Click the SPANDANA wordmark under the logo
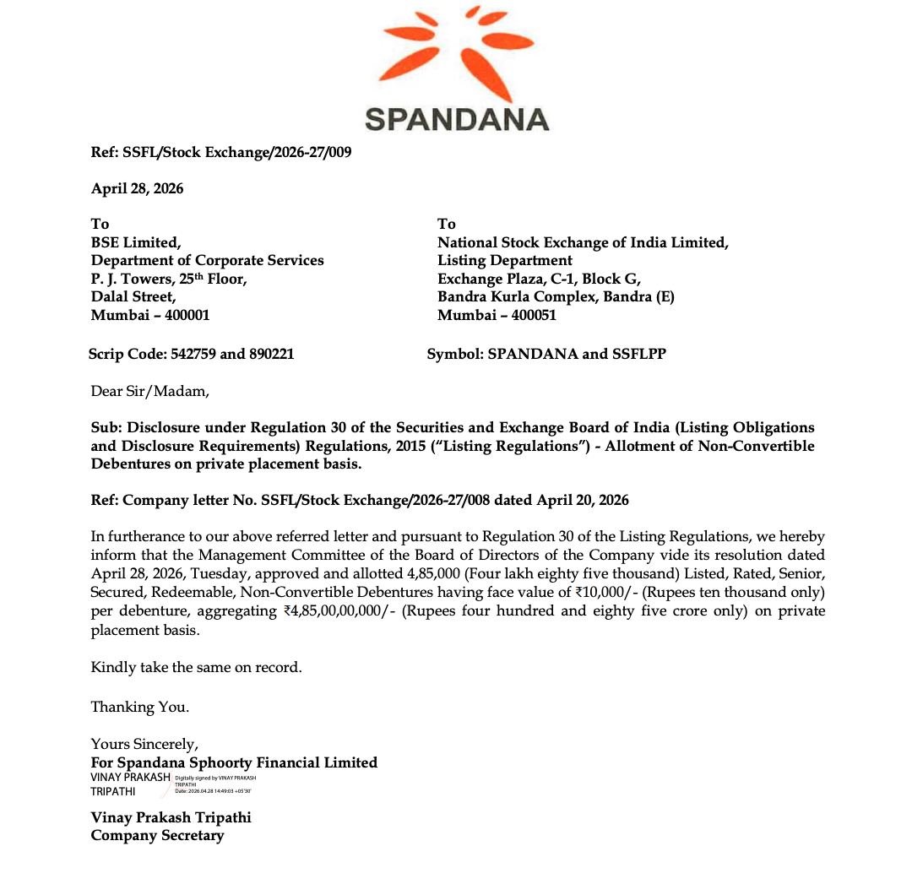(457, 118)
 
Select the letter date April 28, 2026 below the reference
(137, 188)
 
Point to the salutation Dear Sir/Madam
(149, 391)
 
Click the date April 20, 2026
(583, 500)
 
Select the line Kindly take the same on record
(196, 667)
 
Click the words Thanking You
(140, 707)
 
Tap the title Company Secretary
(158, 836)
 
